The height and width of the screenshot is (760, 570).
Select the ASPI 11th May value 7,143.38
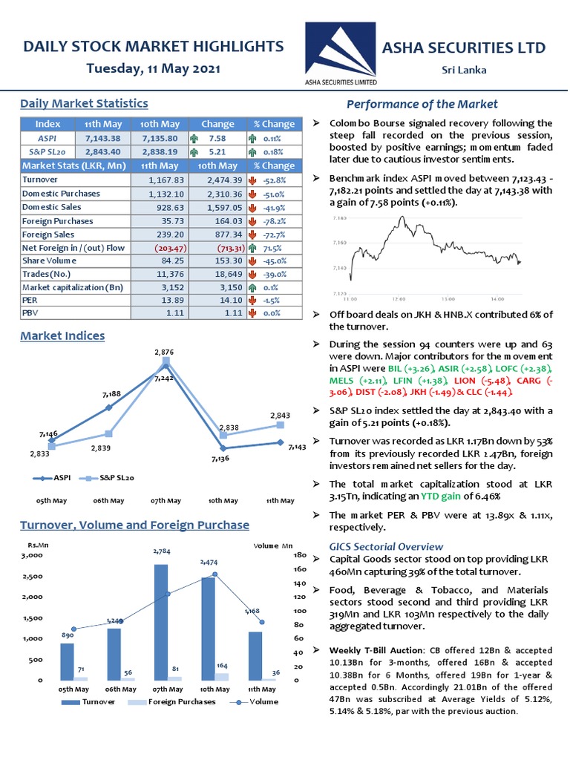[103, 138]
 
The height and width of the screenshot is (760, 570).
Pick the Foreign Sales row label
[48, 235]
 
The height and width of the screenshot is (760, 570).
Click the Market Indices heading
[62, 335]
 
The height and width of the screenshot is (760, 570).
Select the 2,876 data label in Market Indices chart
[165, 351]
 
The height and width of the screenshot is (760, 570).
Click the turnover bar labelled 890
[67, 661]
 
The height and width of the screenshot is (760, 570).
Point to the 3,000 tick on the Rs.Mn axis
[33, 555]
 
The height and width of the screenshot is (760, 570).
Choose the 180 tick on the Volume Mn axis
[301, 555]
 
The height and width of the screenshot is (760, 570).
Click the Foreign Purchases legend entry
[183, 701]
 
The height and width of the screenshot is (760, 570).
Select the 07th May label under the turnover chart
[166, 689]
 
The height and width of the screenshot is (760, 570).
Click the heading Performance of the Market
[422, 104]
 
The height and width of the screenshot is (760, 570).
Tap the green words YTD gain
[443, 496]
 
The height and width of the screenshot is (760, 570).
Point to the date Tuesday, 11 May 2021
[153, 68]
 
